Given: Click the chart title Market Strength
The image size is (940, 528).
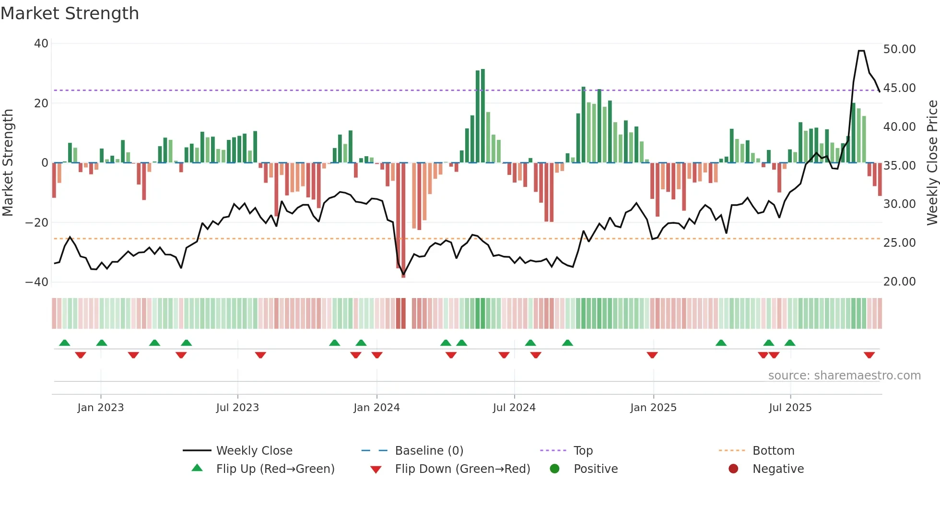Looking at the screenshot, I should click(70, 13).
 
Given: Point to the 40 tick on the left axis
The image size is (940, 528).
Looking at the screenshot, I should click(41, 44).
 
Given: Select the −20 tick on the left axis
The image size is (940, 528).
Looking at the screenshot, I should click(37, 223).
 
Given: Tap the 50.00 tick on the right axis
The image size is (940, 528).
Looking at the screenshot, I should click(899, 49).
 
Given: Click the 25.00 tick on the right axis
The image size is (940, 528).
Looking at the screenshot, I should click(899, 243).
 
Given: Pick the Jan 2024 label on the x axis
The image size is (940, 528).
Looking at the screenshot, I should click(376, 408).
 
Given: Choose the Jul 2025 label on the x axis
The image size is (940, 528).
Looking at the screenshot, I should click(790, 408).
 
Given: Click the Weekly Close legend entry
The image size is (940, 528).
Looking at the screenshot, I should click(254, 451).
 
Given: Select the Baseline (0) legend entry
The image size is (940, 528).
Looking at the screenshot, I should click(429, 451).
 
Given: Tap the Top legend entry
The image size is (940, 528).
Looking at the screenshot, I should click(583, 451).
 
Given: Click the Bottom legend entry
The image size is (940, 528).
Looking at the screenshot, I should click(773, 451).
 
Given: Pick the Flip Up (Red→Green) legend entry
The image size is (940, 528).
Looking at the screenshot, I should click(275, 469).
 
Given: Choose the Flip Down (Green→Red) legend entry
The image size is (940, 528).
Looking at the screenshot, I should click(462, 469).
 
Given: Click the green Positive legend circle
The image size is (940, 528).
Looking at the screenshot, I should click(555, 469).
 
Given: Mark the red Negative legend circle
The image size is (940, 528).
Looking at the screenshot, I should click(733, 469).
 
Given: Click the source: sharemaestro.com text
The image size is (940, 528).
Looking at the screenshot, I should click(844, 376).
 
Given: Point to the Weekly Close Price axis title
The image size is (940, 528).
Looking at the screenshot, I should click(932, 163).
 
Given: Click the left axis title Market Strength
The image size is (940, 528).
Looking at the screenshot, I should click(8, 163).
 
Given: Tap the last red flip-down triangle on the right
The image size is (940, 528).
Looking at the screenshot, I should click(869, 355).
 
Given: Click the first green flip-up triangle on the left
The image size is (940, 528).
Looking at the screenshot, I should click(65, 343).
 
